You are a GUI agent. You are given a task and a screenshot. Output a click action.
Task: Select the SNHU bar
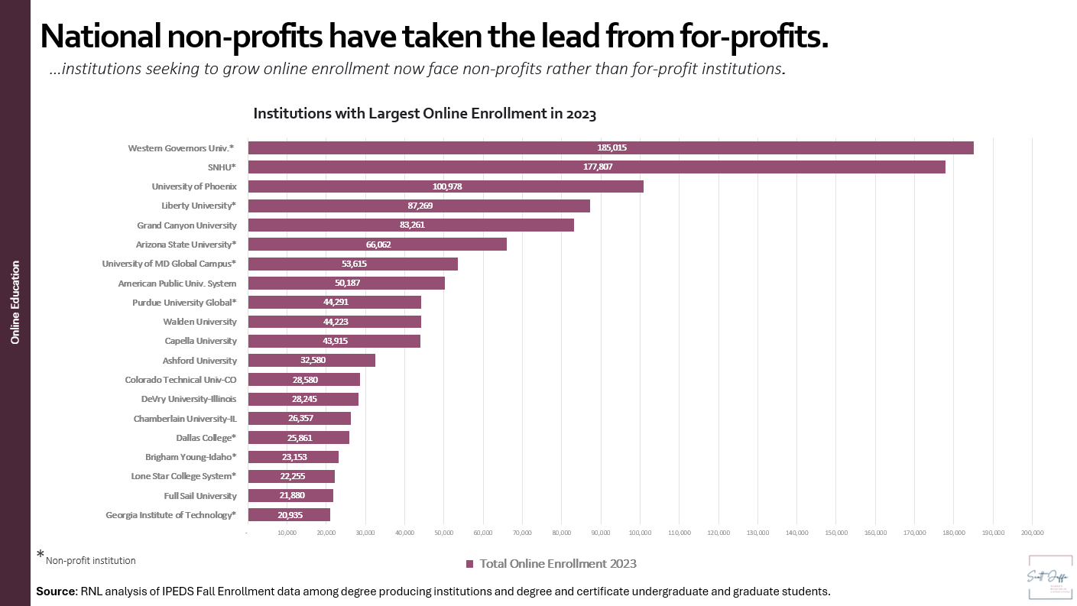pyautogui.click(x=596, y=167)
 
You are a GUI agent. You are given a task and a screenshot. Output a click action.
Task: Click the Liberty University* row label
pyautogui.click(x=199, y=206)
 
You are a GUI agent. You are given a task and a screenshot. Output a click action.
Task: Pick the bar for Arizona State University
pyautogui.click(x=377, y=245)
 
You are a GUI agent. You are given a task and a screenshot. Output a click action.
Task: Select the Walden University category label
pyautogui.click(x=200, y=322)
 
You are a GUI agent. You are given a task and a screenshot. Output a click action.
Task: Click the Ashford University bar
pyautogui.click(x=311, y=361)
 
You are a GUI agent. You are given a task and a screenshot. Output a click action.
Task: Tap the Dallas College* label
pyautogui.click(x=206, y=438)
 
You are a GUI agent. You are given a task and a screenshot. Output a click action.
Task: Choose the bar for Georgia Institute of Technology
pyautogui.click(x=288, y=515)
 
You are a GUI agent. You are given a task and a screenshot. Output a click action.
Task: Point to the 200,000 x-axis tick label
pyautogui.click(x=1031, y=533)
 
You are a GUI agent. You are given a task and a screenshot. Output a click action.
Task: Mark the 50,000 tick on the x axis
pyautogui.click(x=443, y=533)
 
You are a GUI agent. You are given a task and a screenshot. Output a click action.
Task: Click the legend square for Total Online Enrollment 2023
pyautogui.click(x=470, y=564)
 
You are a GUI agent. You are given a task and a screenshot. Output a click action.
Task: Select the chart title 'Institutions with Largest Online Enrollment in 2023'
pyautogui.click(x=424, y=115)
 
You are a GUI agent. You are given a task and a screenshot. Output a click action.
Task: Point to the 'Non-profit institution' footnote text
pyautogui.click(x=90, y=561)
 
